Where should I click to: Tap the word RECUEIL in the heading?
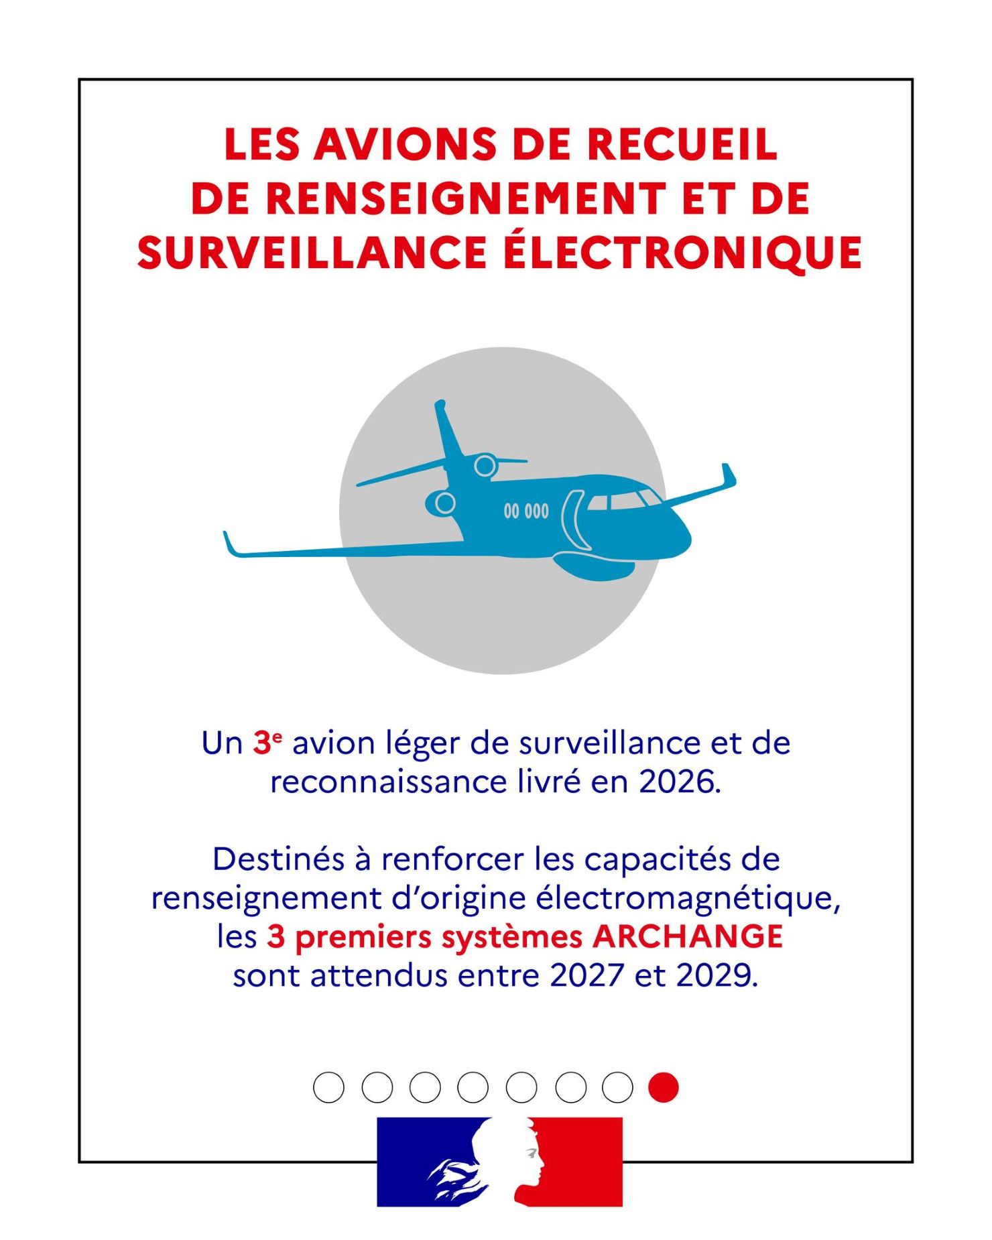[682, 144]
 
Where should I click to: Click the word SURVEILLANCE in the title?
[312, 253]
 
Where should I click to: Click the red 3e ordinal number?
[267, 742]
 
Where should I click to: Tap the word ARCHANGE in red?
[688, 936]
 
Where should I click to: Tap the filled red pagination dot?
[664, 1087]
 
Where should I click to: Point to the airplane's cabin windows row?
[526, 511]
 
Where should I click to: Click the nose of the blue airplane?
[684, 536]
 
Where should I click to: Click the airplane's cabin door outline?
[570, 519]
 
